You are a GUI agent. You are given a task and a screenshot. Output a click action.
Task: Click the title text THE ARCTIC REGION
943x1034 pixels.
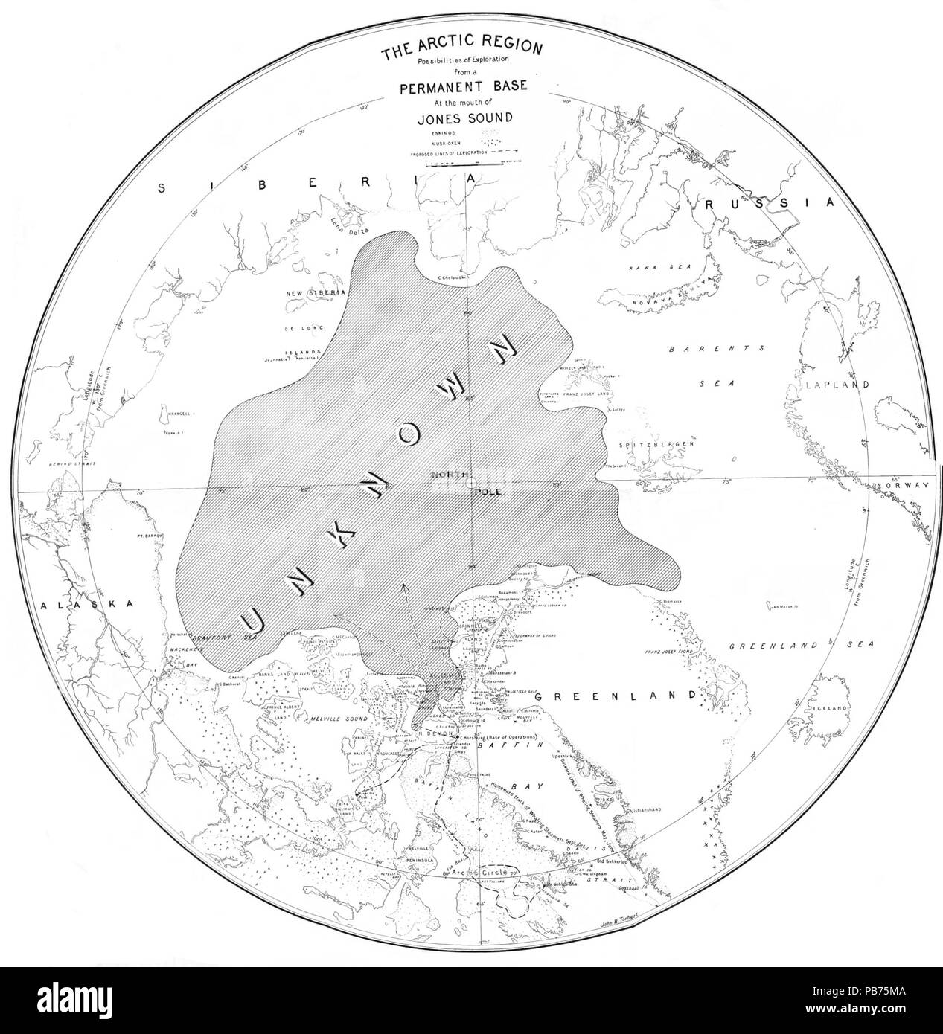[461, 51]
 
